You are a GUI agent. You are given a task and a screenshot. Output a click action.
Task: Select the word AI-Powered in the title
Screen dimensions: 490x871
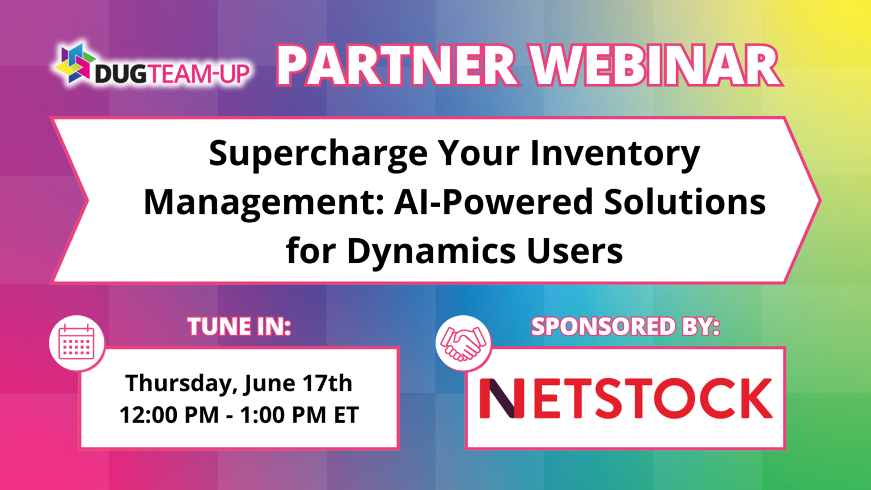coord(493,202)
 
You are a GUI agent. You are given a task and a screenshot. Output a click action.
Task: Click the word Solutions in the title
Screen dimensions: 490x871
coord(684,202)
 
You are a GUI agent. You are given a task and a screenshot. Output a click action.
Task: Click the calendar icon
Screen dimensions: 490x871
coord(77,343)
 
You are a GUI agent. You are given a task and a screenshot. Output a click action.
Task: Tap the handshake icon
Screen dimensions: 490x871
coord(463,343)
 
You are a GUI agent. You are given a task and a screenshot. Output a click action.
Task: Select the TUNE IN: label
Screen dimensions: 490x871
coord(239,327)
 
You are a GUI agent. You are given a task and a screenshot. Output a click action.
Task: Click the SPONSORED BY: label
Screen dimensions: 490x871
coord(625,327)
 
